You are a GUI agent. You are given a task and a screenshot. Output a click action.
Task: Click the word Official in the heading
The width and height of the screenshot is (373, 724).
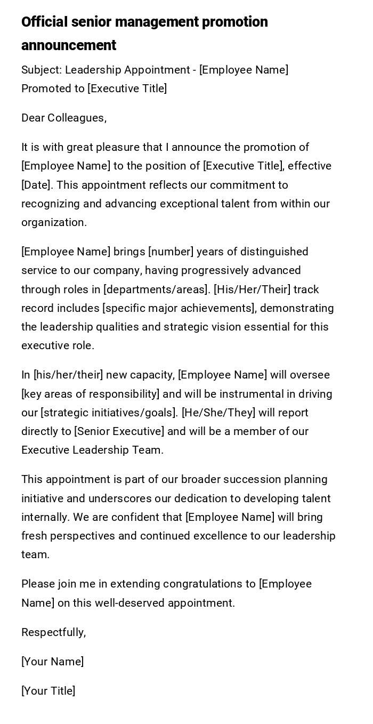44,22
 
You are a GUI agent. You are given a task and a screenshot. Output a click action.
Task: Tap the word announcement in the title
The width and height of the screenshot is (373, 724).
69,45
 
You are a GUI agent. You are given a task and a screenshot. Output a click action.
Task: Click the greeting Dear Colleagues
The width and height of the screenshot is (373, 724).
63,118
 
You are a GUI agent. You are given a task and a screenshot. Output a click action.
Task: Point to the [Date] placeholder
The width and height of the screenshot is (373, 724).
37,185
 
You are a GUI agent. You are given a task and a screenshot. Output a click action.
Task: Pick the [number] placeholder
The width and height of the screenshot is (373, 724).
171,252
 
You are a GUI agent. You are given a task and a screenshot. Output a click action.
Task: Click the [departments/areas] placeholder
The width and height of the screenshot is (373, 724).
157,289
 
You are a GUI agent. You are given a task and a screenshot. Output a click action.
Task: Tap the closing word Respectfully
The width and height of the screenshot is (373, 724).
53,632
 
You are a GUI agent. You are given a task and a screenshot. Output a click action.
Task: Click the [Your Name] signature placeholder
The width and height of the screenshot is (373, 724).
53,662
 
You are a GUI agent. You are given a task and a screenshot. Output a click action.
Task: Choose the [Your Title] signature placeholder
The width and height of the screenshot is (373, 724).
48,691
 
